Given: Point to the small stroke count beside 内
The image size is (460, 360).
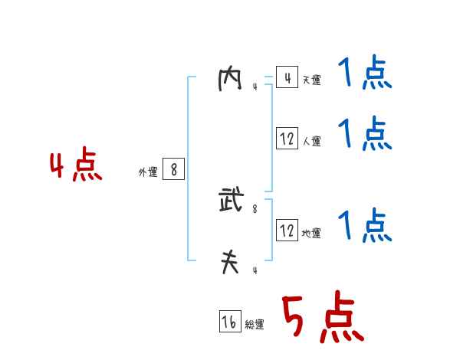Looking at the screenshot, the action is [x=255, y=87].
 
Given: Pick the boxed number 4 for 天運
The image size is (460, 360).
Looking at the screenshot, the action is [x=287, y=77].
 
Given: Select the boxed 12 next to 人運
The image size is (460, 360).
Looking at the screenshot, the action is [x=287, y=139].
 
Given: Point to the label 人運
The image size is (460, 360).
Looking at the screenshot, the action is [x=311, y=142].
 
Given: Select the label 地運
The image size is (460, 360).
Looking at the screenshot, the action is [x=311, y=234].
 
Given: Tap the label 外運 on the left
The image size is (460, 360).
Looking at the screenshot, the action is [x=148, y=173].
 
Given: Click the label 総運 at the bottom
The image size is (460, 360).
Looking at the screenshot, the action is [x=255, y=326].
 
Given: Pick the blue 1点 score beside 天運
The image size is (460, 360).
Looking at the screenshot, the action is [x=365, y=74].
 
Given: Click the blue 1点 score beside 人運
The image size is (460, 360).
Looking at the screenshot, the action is [x=365, y=134].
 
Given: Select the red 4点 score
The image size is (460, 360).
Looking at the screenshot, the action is [x=76, y=166].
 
